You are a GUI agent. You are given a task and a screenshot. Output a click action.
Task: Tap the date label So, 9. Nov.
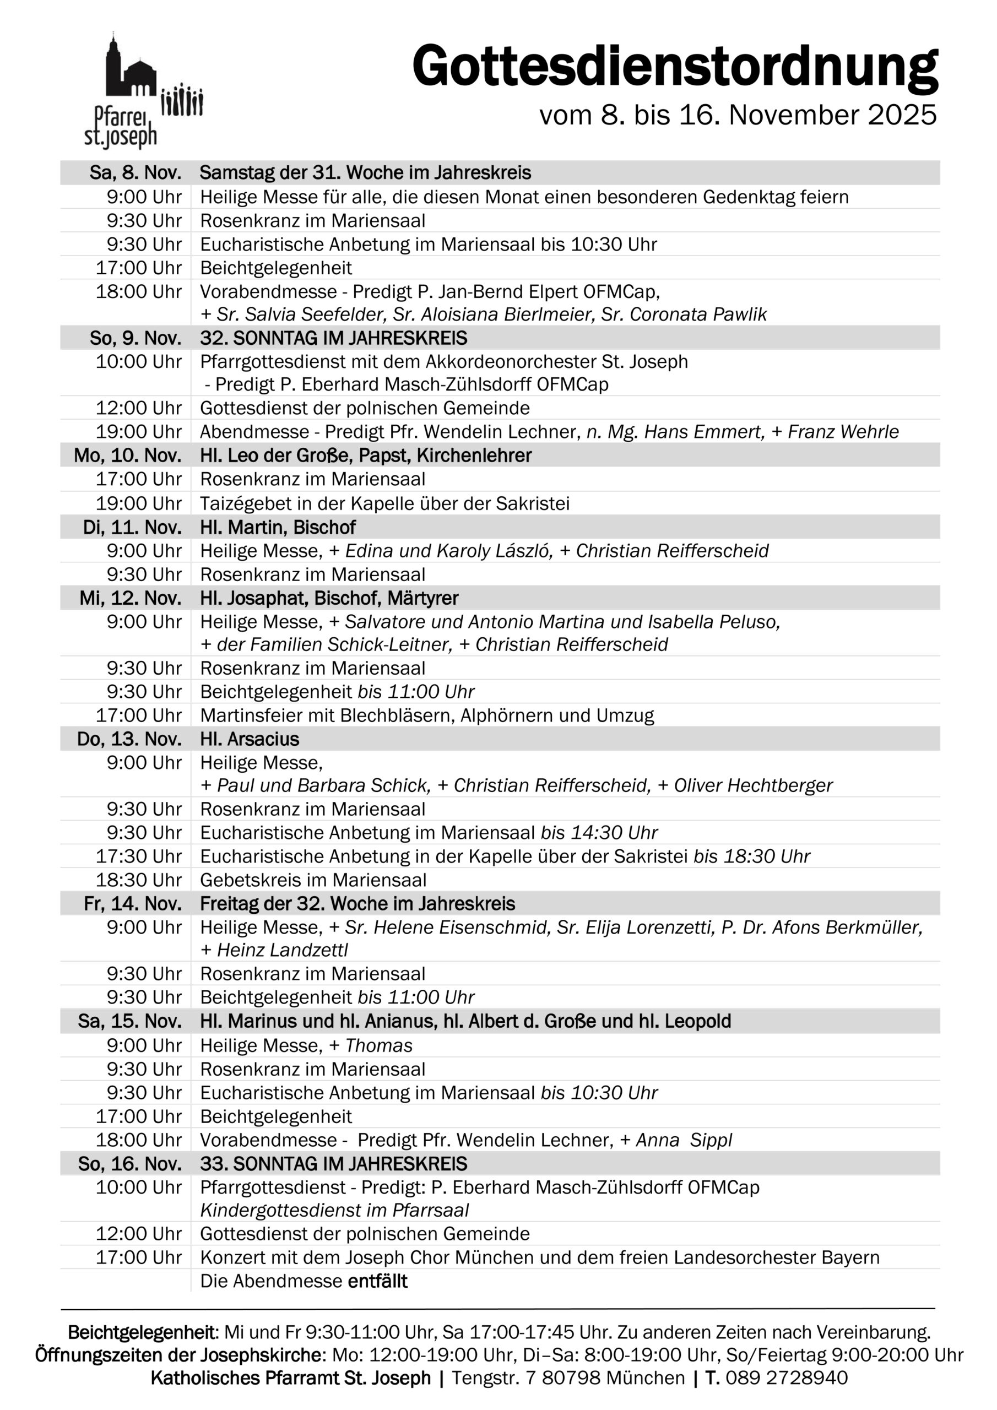point(136,338)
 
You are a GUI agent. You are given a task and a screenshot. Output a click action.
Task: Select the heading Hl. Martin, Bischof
point(278,528)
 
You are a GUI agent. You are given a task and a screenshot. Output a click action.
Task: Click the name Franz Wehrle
point(843,432)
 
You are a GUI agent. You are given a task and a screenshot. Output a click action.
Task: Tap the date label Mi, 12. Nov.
point(130,598)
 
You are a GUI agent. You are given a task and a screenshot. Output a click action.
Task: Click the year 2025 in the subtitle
point(902,116)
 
